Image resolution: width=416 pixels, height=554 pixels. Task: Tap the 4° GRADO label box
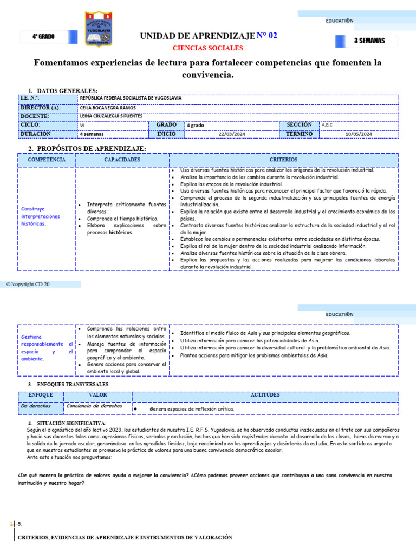43,37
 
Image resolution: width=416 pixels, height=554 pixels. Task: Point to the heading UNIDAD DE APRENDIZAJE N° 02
209,36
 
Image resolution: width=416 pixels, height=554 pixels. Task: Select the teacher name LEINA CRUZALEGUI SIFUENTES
111,116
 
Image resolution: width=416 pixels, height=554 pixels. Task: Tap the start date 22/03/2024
232,134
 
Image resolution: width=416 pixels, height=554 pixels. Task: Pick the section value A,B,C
327,125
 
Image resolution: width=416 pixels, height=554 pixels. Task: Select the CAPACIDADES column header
122,160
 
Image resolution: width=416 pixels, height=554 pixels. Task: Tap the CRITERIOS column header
283,160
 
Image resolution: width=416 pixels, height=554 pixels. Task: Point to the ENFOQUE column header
40,395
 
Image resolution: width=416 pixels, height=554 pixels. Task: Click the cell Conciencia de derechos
94,406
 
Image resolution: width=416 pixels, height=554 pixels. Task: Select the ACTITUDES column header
265,395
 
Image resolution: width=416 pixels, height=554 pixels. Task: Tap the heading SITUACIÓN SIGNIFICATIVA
71,423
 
